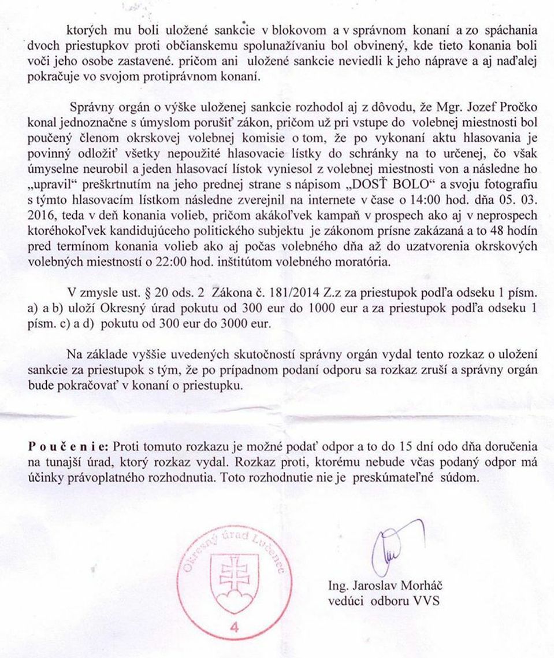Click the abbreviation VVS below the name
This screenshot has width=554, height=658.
coord(426,600)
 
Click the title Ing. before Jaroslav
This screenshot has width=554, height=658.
coord(337,586)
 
